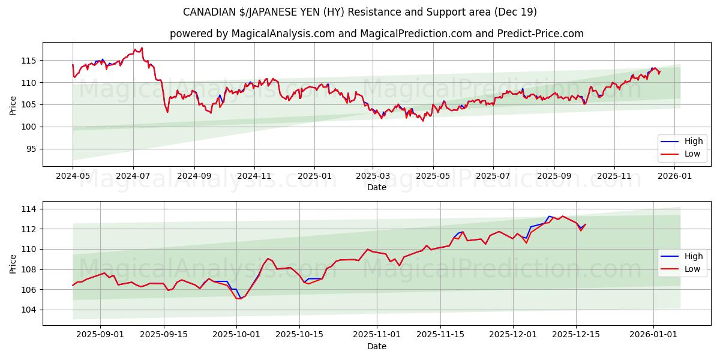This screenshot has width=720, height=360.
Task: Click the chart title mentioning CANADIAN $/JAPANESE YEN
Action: (360, 12)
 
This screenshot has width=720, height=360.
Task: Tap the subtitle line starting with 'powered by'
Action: (376, 34)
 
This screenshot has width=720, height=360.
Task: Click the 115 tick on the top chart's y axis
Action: (29, 61)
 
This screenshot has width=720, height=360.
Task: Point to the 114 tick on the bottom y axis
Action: (29, 209)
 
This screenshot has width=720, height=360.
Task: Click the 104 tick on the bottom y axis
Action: (29, 310)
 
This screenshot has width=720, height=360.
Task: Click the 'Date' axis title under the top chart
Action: (376, 188)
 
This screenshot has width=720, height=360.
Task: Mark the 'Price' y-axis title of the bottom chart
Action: (13, 263)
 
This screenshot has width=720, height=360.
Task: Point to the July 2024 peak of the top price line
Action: (142, 48)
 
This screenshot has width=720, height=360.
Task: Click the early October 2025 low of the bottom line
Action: (239, 298)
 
